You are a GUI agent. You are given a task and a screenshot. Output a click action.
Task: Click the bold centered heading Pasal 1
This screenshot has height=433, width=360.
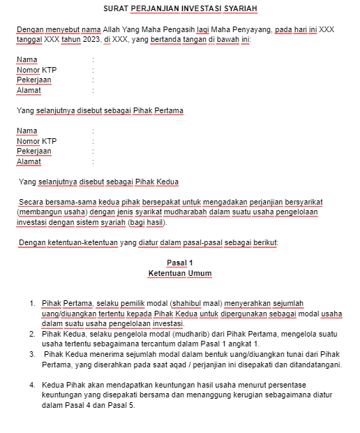[179, 263]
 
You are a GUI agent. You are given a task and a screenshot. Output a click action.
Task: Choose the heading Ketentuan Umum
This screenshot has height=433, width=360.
[179, 273]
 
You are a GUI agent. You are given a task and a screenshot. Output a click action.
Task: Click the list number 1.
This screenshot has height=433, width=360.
[32, 303]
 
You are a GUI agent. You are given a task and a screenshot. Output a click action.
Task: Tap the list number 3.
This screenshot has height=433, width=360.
[32, 354]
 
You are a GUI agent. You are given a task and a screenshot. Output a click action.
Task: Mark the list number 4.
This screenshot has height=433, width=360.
[32, 385]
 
